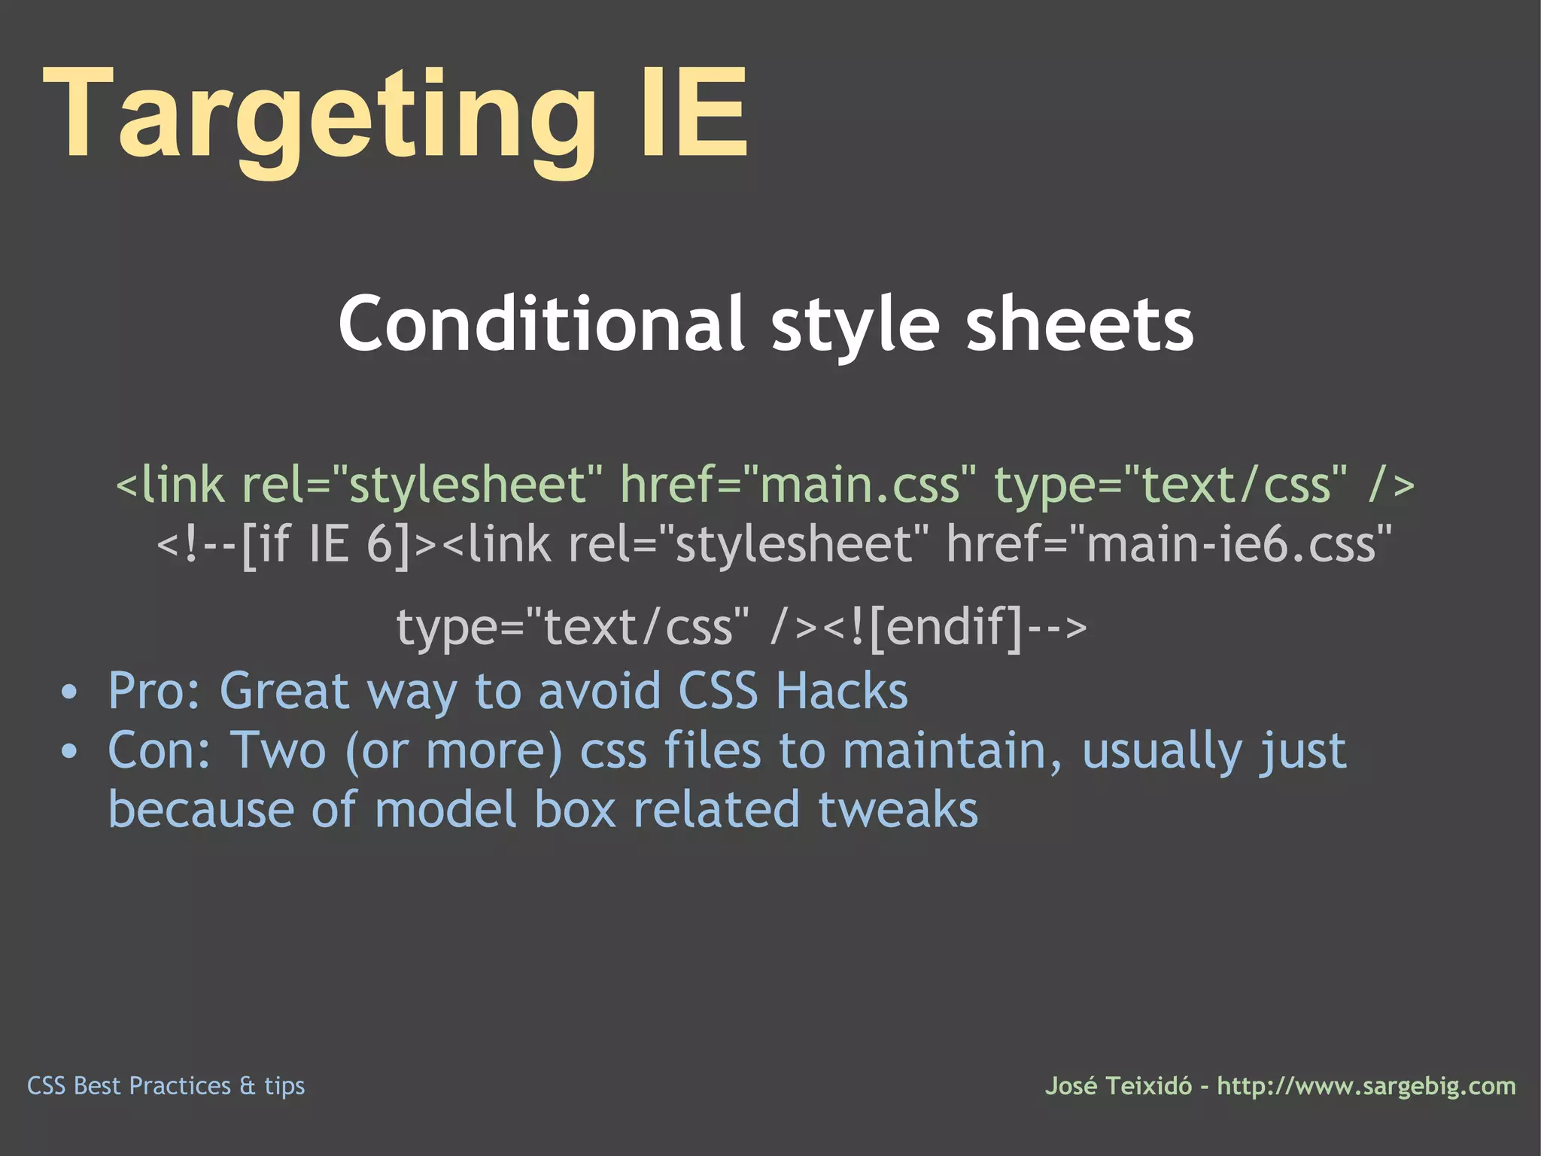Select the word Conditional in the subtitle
pyautogui.click(x=541, y=324)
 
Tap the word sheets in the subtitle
pyautogui.click(x=1079, y=324)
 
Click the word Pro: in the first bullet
pyautogui.click(x=154, y=691)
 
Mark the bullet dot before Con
pyautogui.click(x=69, y=753)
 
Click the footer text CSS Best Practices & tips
pyautogui.click(x=166, y=1086)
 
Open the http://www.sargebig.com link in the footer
pyautogui.click(x=1366, y=1087)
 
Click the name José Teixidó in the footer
pyautogui.click(x=1118, y=1086)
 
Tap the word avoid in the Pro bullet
pyautogui.click(x=600, y=691)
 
